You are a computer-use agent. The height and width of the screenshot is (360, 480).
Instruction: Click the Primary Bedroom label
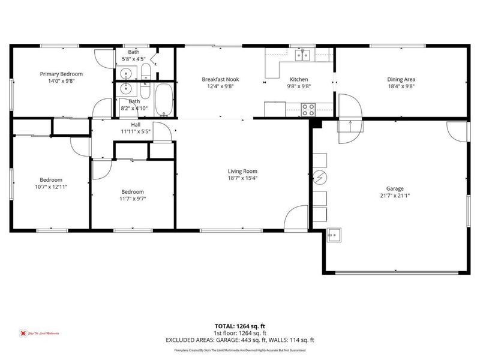(61, 74)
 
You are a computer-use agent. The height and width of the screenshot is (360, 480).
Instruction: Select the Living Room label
(242, 171)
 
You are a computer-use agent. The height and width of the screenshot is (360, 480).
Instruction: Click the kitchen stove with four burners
(308, 110)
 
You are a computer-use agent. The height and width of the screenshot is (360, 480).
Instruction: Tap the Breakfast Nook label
(220, 79)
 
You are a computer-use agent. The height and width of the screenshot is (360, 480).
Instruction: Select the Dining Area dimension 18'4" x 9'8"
(401, 86)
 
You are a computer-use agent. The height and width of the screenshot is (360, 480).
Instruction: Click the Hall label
(136, 125)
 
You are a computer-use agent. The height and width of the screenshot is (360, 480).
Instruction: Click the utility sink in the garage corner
(334, 235)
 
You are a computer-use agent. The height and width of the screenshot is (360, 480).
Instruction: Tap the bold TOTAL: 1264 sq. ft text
(240, 326)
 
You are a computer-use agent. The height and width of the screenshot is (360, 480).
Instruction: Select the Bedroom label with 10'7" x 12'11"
(51, 179)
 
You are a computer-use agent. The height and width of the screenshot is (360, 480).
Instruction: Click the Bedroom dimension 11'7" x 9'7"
(133, 199)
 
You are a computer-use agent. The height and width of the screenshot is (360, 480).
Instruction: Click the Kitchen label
(299, 79)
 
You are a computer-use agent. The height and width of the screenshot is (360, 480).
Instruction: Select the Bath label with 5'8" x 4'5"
(134, 52)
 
